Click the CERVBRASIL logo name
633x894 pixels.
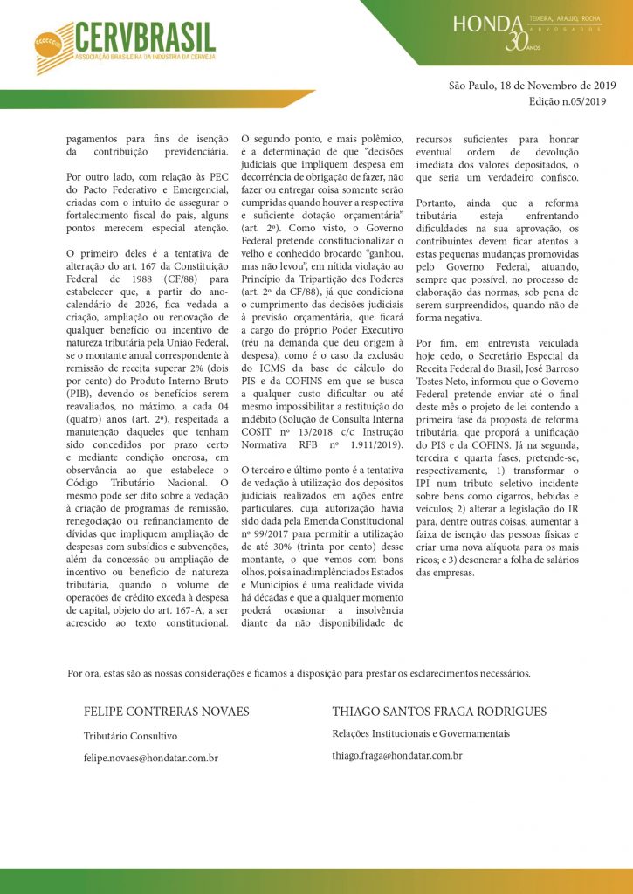point(145,37)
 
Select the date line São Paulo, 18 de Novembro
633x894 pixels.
point(533,86)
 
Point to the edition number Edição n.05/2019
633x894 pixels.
point(567,101)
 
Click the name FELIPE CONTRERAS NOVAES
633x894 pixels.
point(166,712)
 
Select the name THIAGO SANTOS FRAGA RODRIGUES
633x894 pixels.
point(439,712)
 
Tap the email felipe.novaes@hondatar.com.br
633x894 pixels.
point(150,760)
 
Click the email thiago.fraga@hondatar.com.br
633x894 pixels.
point(396,755)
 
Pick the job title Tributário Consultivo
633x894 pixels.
point(130,736)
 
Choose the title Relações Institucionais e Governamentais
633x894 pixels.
point(421,733)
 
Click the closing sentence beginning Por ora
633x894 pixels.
point(298,673)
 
